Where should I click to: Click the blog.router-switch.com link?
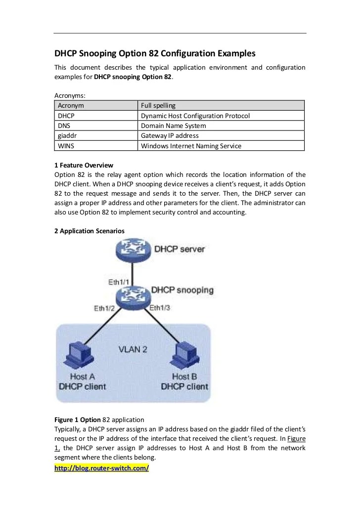point(101,468)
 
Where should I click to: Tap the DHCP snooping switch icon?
point(132,297)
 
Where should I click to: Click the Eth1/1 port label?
point(120,282)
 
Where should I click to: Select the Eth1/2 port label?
point(105,308)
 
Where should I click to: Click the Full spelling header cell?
point(158,106)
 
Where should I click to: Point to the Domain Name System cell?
point(173,126)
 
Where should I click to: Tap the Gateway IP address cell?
point(170,135)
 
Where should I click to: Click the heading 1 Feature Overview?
point(84,165)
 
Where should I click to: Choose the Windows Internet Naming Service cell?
point(191,145)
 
